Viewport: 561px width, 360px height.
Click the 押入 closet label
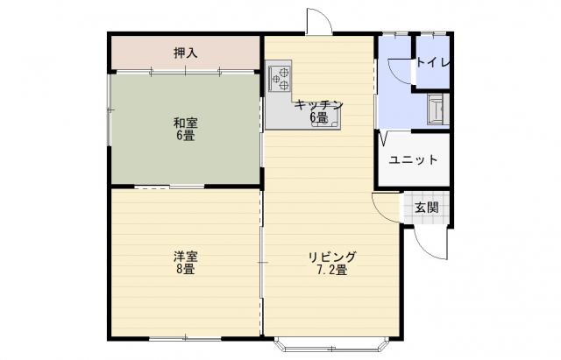click(x=185, y=53)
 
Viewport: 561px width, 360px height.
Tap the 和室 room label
click(x=185, y=124)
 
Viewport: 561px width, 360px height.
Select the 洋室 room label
click(x=185, y=257)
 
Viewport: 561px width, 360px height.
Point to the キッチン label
click(x=319, y=105)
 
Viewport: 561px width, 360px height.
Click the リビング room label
click(x=332, y=257)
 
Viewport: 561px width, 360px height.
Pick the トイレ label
click(x=433, y=63)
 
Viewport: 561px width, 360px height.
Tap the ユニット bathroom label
click(x=413, y=159)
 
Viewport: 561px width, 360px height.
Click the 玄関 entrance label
click(x=427, y=208)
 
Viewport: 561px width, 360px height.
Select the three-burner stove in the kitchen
click(x=279, y=79)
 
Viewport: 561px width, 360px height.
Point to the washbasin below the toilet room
click(x=437, y=109)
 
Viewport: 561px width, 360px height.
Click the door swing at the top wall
click(x=319, y=21)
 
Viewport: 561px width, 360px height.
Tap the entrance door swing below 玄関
click(x=430, y=244)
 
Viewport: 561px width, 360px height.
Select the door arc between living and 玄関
click(x=385, y=208)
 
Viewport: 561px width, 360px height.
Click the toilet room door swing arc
click(x=400, y=71)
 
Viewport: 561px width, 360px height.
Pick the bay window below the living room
click(x=332, y=344)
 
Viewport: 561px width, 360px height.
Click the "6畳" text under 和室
click(x=185, y=136)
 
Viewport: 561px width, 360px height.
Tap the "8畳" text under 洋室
click(x=185, y=269)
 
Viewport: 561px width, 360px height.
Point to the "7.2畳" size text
click(x=332, y=270)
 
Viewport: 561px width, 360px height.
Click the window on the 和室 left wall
click(x=110, y=109)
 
